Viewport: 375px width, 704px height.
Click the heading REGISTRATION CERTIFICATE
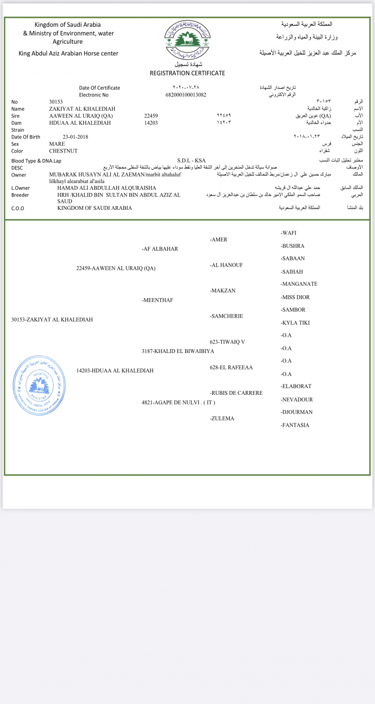tap(187, 73)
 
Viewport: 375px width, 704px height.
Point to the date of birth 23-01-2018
tap(75, 137)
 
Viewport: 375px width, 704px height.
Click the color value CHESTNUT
tap(63, 151)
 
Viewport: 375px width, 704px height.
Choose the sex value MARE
tap(57, 144)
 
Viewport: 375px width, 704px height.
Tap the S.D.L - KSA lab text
tap(191, 161)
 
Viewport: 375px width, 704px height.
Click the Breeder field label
tap(20, 195)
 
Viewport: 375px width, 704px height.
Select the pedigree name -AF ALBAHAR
tap(160, 249)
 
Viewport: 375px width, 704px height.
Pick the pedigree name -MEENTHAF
tap(157, 300)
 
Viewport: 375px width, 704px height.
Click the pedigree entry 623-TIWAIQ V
tap(227, 342)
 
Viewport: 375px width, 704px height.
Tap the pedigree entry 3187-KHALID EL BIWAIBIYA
tap(178, 351)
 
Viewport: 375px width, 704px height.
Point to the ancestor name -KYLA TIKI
tap(295, 323)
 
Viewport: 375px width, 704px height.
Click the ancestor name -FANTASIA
tap(295, 425)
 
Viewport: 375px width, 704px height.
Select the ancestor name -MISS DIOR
tap(295, 297)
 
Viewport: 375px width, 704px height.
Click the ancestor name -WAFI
tap(288, 233)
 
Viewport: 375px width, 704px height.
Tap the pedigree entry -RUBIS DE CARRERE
tap(236, 393)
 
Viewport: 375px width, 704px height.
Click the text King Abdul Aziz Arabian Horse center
tap(68, 54)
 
